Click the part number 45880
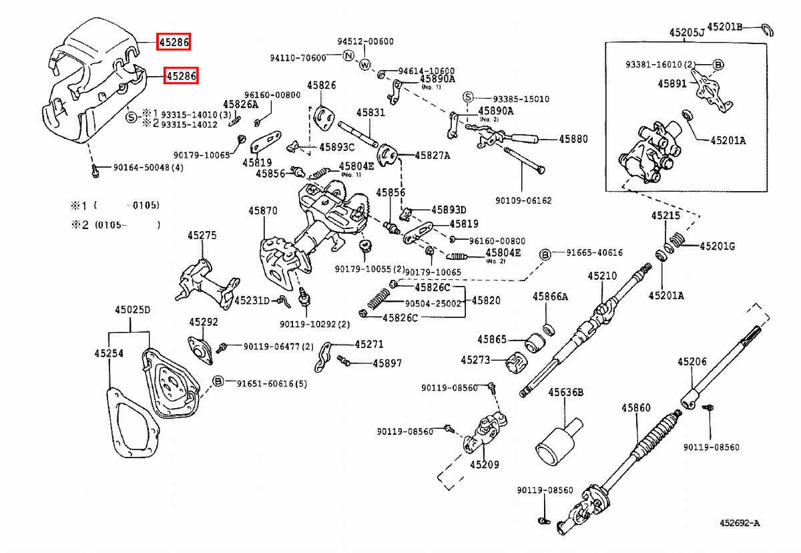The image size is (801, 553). point(573,140)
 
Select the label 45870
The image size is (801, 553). point(263,210)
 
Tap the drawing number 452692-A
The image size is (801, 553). point(740,523)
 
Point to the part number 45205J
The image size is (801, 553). point(688,32)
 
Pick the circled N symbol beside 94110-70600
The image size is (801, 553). point(348,57)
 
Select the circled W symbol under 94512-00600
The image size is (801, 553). point(364,65)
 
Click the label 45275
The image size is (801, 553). point(202,235)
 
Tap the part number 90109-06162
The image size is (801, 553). point(523,200)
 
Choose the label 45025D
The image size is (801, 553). point(132,310)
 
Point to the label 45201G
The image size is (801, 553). point(717,246)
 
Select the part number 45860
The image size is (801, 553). point(635,407)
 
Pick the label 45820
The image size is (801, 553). point(486,301)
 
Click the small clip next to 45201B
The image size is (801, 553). point(768,29)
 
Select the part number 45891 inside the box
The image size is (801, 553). point(672,84)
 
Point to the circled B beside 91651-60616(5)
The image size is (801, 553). point(218,382)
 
